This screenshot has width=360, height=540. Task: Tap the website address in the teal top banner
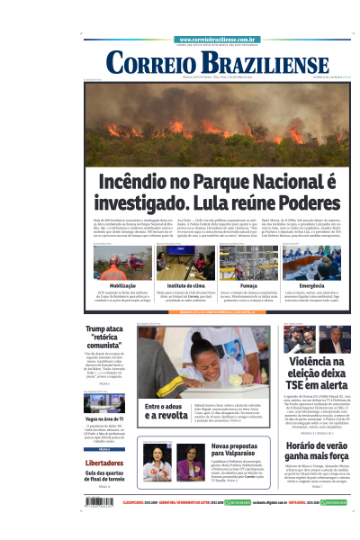(217, 40)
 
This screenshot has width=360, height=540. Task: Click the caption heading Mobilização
(112, 284)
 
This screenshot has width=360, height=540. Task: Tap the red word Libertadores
(103, 463)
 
